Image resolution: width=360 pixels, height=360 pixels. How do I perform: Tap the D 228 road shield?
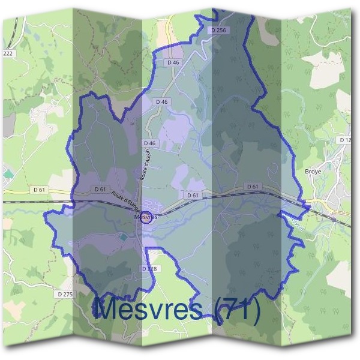(149, 268)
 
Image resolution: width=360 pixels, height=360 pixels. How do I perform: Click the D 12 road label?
(344, 140)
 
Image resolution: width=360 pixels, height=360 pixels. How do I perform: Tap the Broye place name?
(313, 171)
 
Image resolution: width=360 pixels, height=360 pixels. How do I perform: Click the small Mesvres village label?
(146, 217)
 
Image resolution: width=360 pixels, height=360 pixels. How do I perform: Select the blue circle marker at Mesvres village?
(145, 217)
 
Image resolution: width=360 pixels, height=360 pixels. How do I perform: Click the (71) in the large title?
(238, 309)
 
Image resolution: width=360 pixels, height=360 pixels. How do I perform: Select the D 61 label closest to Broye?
(253, 187)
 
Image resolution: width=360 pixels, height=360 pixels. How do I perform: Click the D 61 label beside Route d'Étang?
(100, 189)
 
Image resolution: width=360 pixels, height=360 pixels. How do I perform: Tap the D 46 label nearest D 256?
(173, 62)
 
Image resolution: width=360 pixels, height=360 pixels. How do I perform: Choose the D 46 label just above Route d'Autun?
(149, 143)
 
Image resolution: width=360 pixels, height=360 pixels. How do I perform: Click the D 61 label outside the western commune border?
(40, 190)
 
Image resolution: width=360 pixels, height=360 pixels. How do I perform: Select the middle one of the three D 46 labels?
(161, 102)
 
